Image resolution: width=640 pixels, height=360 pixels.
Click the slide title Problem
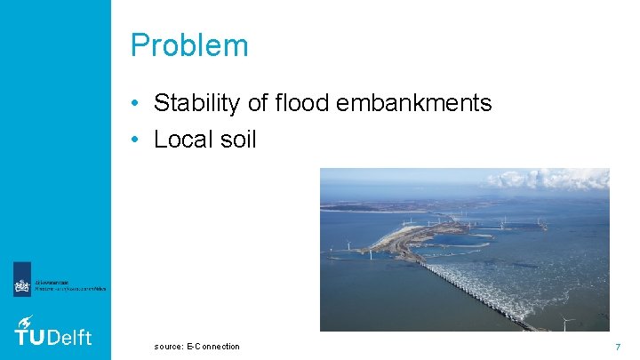tap(189, 45)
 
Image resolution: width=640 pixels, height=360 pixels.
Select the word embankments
tap(414, 103)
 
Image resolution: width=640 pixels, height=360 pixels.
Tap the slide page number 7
tap(617, 345)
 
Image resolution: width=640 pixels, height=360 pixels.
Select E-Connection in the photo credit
tap(212, 346)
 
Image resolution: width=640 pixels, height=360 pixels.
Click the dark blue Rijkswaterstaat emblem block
tap(22, 280)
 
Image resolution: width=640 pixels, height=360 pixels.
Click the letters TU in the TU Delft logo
tap(29, 336)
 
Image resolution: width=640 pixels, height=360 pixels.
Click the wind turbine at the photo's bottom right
tap(567, 321)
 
